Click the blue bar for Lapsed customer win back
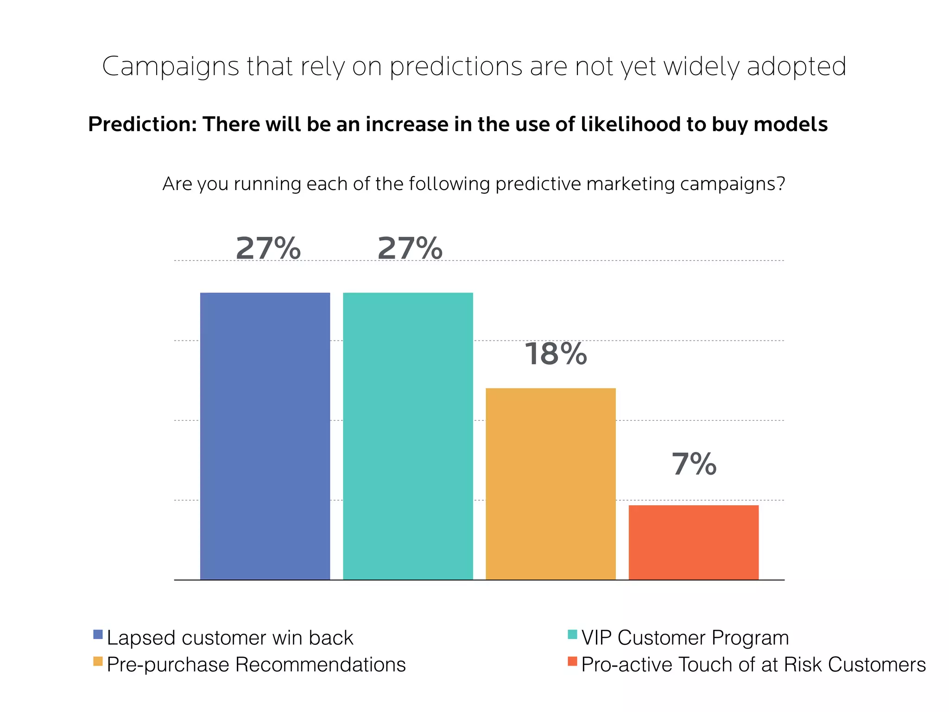coord(265,436)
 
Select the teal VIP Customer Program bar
coord(408,436)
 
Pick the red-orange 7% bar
coord(693,542)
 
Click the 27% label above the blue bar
coord(268,248)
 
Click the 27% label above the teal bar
coord(410,248)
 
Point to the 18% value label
coord(556,354)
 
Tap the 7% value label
coord(694,464)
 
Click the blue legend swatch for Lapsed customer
coord(98,634)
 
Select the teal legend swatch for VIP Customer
coord(572,634)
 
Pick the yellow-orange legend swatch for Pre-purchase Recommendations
coord(98,661)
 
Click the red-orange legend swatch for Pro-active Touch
coord(572,661)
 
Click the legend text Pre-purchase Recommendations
coord(256,665)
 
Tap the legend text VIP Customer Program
coord(685,638)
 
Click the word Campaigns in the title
coord(171,67)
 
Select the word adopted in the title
coord(797,67)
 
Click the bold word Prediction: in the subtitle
coord(143,124)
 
